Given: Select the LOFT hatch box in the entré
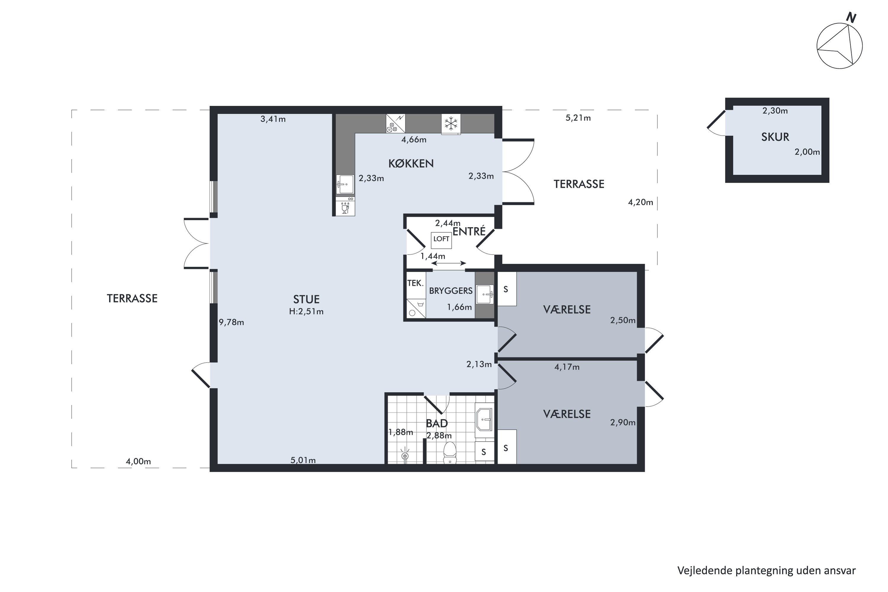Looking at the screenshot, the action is click(441, 240).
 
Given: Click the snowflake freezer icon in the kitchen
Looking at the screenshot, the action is click(451, 123).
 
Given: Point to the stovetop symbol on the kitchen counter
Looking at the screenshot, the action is click(395, 123).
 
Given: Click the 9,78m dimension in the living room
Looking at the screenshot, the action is click(231, 322).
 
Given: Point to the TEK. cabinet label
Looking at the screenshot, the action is click(415, 283).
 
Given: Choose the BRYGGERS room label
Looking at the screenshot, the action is click(451, 291).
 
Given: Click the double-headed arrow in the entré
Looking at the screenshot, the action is click(448, 263).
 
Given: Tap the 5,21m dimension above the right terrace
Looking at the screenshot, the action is click(578, 118).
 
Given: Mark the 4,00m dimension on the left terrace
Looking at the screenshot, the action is click(138, 461).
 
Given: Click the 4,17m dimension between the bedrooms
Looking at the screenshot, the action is click(567, 367).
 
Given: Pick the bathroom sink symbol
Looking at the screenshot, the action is click(484, 419).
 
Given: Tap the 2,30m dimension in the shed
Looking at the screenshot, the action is click(775, 111).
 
